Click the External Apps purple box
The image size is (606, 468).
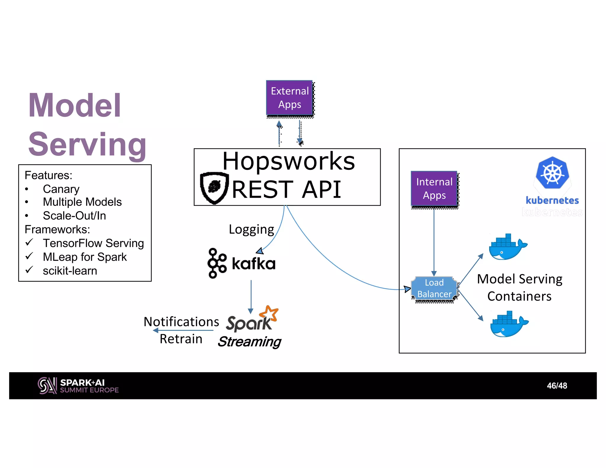289,98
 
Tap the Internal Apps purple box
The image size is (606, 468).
434,188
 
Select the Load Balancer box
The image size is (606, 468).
434,288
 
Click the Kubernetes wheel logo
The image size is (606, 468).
552,173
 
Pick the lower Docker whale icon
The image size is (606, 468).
508,325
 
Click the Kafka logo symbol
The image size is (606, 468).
217,263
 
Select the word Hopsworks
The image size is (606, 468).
289,161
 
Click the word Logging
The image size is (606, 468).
251,230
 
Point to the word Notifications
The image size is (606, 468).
181,322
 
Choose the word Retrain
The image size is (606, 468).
181,339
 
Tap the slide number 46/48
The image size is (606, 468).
557,386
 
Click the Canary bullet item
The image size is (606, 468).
61,189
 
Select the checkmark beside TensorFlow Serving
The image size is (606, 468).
29,243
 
